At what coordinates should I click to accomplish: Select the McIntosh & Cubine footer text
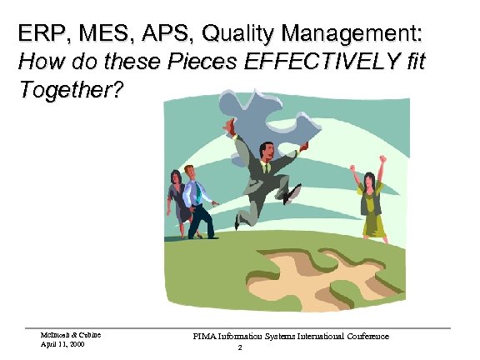pos(71,334)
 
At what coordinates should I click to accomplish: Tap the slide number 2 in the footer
pos(239,348)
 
